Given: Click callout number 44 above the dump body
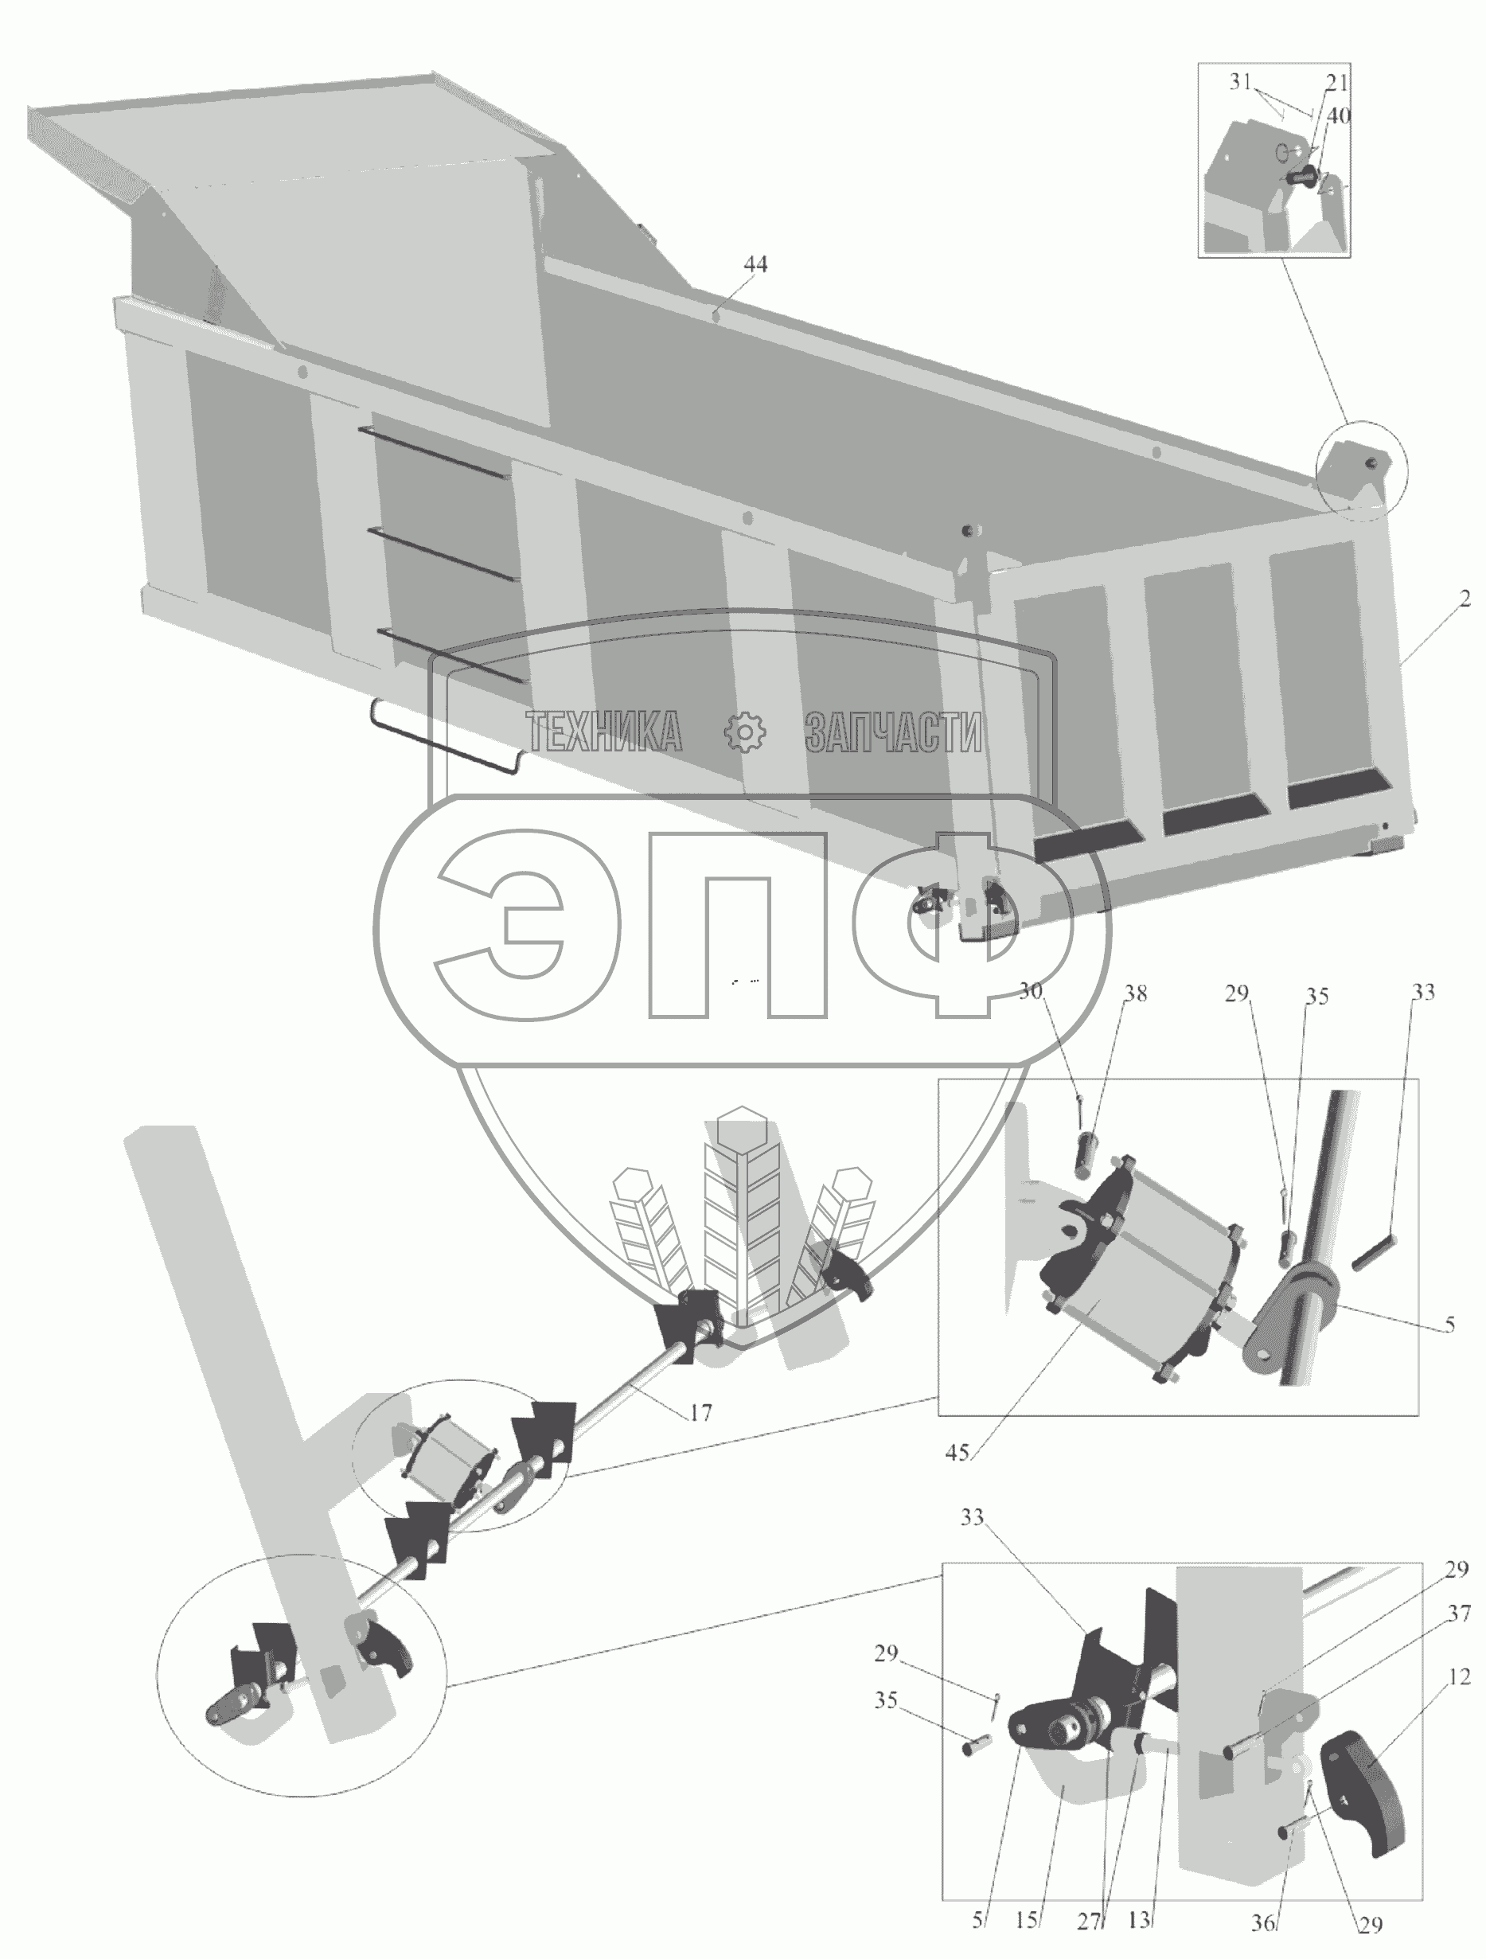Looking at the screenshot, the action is click(755, 264).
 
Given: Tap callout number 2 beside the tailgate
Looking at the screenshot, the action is click(1465, 599).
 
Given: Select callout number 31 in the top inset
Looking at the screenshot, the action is click(1241, 82).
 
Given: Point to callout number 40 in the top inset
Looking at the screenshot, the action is click(1338, 116).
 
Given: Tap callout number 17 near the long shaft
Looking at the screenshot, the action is click(700, 1414).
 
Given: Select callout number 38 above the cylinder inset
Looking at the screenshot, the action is click(1135, 993).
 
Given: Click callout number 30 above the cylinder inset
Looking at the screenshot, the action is click(1030, 991).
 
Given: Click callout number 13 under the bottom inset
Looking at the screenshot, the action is click(1139, 1919).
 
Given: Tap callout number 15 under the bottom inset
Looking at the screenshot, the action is click(1028, 1920).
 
